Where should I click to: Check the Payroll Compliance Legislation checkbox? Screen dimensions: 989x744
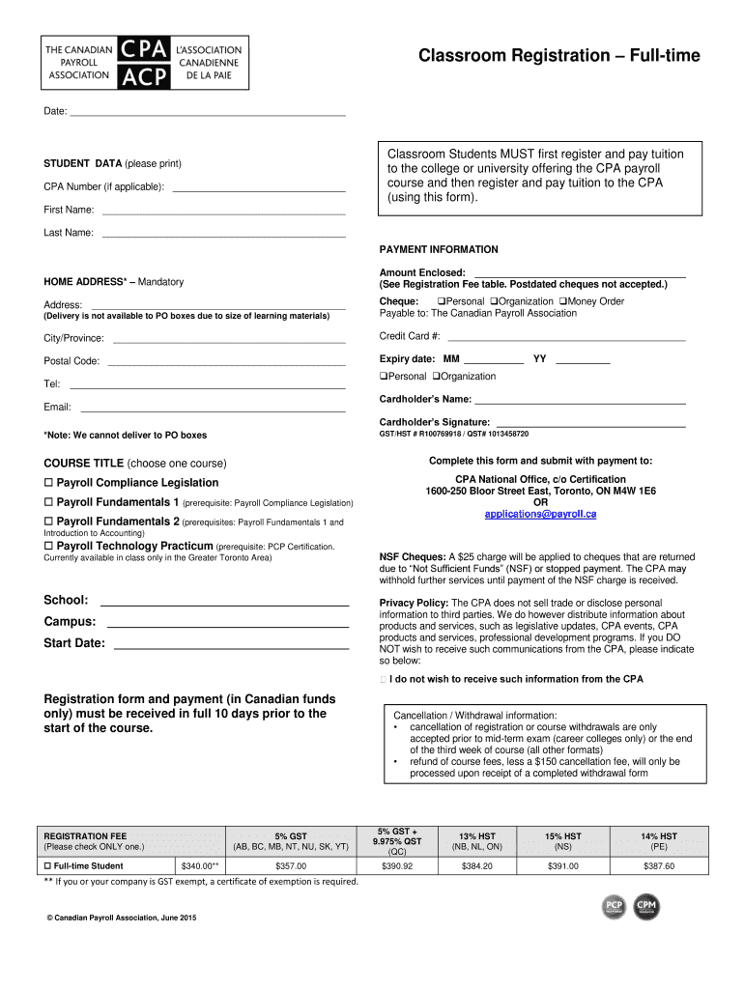pos(48,483)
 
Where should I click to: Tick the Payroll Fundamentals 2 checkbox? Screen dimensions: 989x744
pos(48,522)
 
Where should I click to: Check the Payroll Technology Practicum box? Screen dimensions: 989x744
pos(48,546)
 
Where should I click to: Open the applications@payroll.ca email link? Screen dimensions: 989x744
pos(540,514)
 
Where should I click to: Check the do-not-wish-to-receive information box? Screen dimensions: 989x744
pos(385,680)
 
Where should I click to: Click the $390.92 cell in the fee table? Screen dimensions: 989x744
pos(396,866)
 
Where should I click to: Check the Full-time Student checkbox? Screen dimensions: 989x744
pos(49,866)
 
